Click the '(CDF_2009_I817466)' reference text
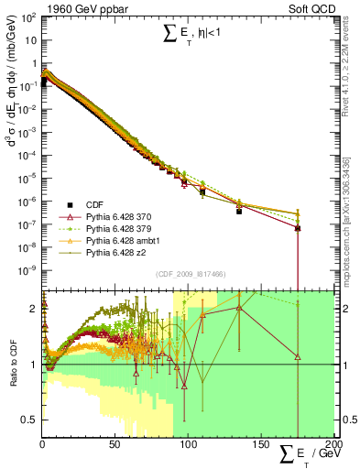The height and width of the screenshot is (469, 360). coord(189,274)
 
